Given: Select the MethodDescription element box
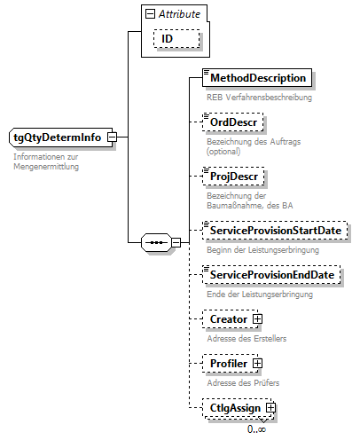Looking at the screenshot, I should pyautogui.click(x=257, y=79).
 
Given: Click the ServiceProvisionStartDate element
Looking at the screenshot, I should pyautogui.click(x=274, y=231).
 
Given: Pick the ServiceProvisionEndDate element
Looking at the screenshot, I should pyautogui.click(x=272, y=276).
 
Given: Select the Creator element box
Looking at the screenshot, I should pyautogui.click(x=227, y=318).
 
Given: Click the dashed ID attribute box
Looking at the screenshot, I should pyautogui.click(x=166, y=40).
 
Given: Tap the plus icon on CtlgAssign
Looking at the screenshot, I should pyautogui.click(x=271, y=407).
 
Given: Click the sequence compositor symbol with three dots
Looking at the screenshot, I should pyautogui.click(x=156, y=241).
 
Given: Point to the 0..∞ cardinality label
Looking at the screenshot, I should pyautogui.click(x=257, y=429).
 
